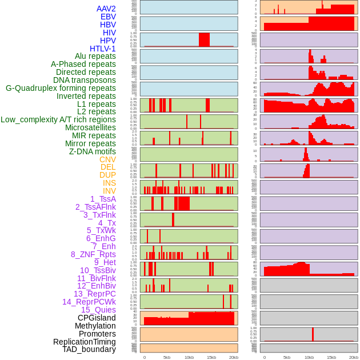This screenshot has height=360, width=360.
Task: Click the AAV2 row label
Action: (106, 9)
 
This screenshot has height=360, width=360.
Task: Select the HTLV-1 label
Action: (103, 49)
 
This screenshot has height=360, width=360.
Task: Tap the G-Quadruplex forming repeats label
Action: (61, 88)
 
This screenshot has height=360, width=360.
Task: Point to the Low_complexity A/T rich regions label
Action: (58, 119)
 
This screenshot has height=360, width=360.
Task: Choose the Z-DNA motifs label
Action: (93, 151)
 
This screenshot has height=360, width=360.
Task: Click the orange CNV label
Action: (107, 159)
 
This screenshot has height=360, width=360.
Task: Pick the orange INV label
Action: (109, 191)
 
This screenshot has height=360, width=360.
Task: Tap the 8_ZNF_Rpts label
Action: (93, 254)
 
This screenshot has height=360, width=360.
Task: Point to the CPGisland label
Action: (97, 318)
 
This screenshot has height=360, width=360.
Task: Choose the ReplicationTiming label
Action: (85, 342)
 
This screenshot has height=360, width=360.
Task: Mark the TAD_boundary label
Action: (89, 349)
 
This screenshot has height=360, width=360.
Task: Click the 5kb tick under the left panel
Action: (167, 357)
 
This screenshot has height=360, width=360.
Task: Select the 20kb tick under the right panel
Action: (354, 357)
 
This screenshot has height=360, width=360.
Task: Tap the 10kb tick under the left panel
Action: (189, 357)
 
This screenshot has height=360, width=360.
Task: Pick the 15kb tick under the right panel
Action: (331, 357)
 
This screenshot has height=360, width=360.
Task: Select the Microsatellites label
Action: (90, 127)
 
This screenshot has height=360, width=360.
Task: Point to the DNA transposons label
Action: (85, 80)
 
